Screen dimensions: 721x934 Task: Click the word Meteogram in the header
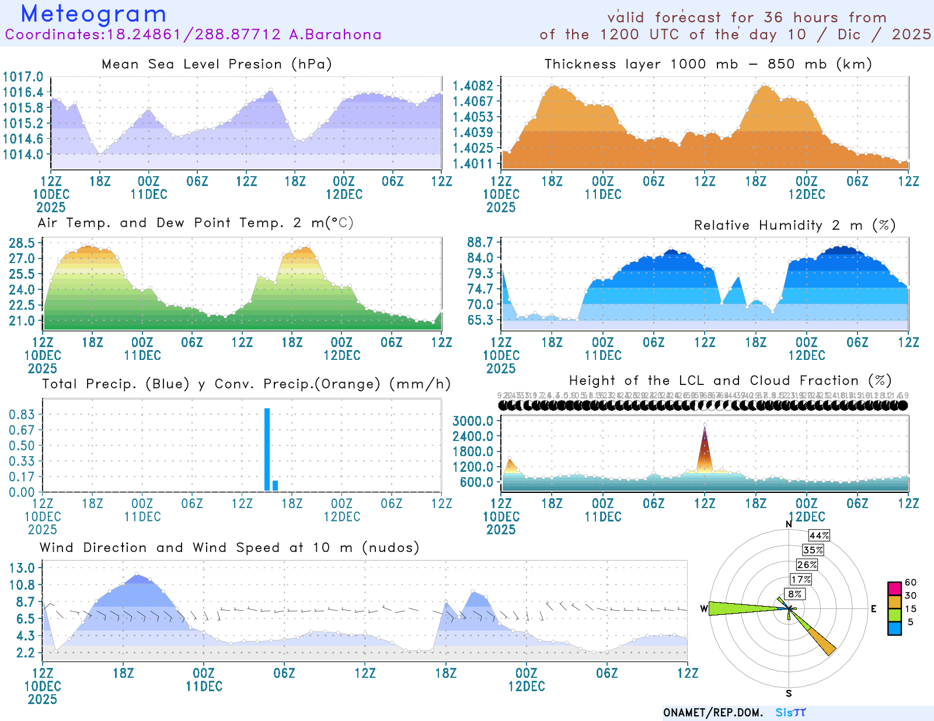[x=93, y=14]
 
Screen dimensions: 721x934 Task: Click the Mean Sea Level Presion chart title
[x=217, y=64]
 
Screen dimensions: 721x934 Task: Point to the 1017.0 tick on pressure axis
[x=23, y=77]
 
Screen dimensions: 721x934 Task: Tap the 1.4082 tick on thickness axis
[x=473, y=86]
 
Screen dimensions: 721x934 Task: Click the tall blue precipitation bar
[x=267, y=449]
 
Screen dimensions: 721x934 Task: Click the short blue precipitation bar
[x=275, y=485]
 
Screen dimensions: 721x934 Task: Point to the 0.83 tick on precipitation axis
[x=22, y=415]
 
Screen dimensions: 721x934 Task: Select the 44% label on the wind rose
[x=819, y=535]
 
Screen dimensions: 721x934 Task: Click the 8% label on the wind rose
[x=795, y=594]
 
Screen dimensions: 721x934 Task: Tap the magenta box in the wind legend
[x=894, y=588]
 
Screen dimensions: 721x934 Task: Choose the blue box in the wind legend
[x=894, y=628]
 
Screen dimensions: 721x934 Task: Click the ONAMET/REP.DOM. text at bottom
[x=713, y=713]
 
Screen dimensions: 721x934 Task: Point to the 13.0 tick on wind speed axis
[x=22, y=568]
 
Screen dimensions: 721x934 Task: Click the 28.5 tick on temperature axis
[x=22, y=243]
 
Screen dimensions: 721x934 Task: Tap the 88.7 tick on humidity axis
[x=480, y=243]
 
